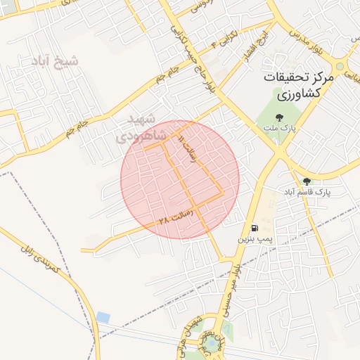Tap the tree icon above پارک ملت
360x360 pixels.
(280, 117)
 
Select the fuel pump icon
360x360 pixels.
(254, 228)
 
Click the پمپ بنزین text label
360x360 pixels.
(252, 240)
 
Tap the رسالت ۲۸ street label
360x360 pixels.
(175, 218)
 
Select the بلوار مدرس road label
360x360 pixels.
(311, 35)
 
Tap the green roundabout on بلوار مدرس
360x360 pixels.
(340, 67)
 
